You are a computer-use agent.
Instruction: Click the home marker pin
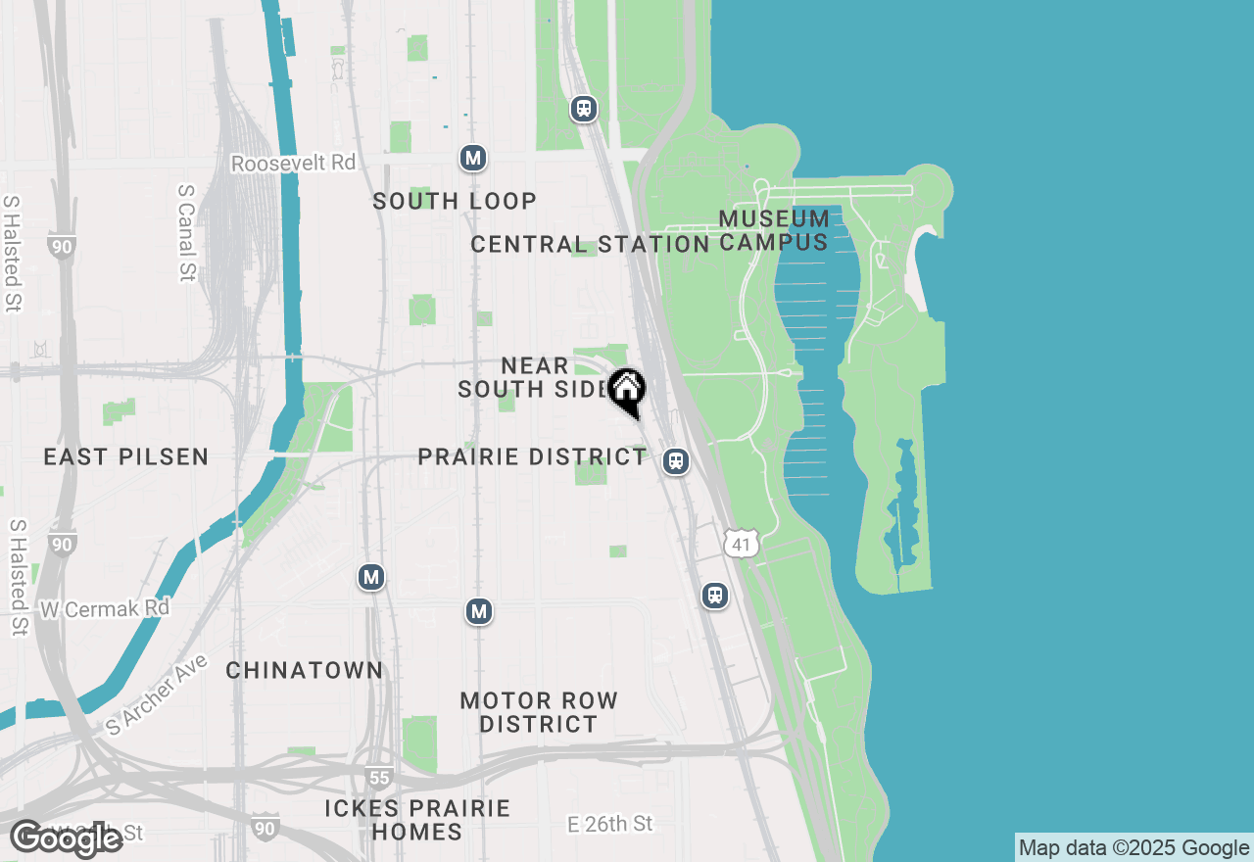click(626, 390)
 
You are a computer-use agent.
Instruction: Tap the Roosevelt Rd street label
click(293, 163)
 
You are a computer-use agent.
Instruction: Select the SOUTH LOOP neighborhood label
click(455, 201)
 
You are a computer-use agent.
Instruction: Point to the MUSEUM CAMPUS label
click(774, 229)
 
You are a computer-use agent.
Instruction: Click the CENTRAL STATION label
click(590, 244)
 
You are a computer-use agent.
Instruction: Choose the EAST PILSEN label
click(126, 456)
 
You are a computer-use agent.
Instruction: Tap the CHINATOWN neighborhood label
click(305, 670)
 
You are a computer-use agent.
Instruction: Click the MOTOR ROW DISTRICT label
click(539, 712)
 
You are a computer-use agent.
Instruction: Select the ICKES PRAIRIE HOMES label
click(417, 820)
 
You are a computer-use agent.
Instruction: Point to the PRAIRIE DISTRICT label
click(532, 457)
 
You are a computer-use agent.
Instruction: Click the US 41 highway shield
click(744, 543)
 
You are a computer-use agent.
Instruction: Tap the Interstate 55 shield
click(380, 778)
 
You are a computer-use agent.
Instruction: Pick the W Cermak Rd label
click(105, 608)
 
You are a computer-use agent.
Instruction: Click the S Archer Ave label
click(157, 695)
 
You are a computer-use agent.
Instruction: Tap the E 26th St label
click(609, 824)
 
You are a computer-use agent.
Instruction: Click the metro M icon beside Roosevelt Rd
click(473, 158)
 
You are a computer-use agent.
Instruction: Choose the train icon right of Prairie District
click(675, 461)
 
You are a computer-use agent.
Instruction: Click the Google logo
click(67, 838)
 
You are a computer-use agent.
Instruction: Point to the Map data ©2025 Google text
click(1133, 848)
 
